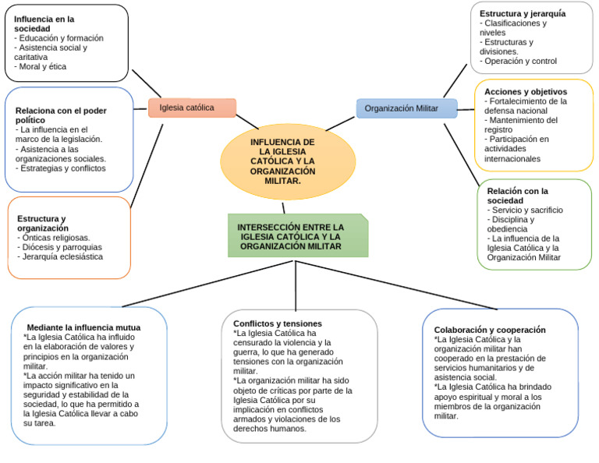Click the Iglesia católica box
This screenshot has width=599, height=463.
192,108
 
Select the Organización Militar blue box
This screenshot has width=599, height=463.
406,108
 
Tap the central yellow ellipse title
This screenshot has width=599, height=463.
282,161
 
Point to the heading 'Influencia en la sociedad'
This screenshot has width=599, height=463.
44,23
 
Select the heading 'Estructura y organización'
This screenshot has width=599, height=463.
42,223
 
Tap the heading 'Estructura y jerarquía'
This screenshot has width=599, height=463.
523,13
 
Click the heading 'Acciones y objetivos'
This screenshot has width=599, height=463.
526,91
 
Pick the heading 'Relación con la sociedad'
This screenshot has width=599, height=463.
518,196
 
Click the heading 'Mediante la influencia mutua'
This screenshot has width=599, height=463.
83,327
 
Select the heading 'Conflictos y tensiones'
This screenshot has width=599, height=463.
278,323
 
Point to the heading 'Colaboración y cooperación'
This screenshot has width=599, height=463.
490,330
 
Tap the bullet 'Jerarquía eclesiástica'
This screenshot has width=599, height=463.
62,256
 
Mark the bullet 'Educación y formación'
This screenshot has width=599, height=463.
60,38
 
